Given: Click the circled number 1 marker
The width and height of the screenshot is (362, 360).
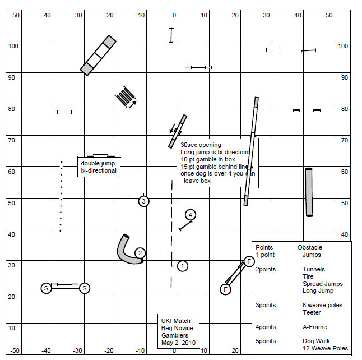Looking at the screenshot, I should click(x=182, y=266).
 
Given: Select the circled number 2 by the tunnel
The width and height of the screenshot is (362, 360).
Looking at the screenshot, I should click(x=140, y=253).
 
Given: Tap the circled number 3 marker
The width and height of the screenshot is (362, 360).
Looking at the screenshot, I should click(x=143, y=201).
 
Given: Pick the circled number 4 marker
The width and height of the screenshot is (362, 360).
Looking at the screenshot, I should click(x=191, y=215).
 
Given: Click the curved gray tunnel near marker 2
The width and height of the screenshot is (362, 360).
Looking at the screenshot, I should click(x=127, y=252).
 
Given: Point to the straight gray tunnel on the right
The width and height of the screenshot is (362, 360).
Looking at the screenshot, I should click(x=309, y=192).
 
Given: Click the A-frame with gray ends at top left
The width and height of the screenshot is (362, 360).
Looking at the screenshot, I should click(x=98, y=55).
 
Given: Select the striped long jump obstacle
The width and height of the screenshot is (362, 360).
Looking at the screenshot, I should click(x=126, y=96).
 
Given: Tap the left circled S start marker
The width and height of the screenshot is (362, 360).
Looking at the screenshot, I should click(x=46, y=288).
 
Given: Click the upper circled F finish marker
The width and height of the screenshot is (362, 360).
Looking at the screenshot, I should click(x=249, y=261).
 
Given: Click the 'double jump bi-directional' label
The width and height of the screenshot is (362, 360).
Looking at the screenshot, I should click(x=99, y=167).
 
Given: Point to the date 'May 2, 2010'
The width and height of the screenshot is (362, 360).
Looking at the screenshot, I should click(x=178, y=343).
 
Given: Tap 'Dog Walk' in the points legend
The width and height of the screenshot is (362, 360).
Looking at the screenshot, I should click(x=315, y=341).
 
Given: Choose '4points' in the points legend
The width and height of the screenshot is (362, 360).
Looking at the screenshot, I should click(x=266, y=327).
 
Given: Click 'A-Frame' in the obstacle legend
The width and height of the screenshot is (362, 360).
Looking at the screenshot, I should click(x=315, y=327).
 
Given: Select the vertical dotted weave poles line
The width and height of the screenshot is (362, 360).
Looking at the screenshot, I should click(x=61, y=196).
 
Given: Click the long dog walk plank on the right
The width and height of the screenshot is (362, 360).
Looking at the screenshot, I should click(x=251, y=151).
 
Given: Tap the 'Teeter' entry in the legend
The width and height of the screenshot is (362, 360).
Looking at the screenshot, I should click(x=312, y=313).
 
